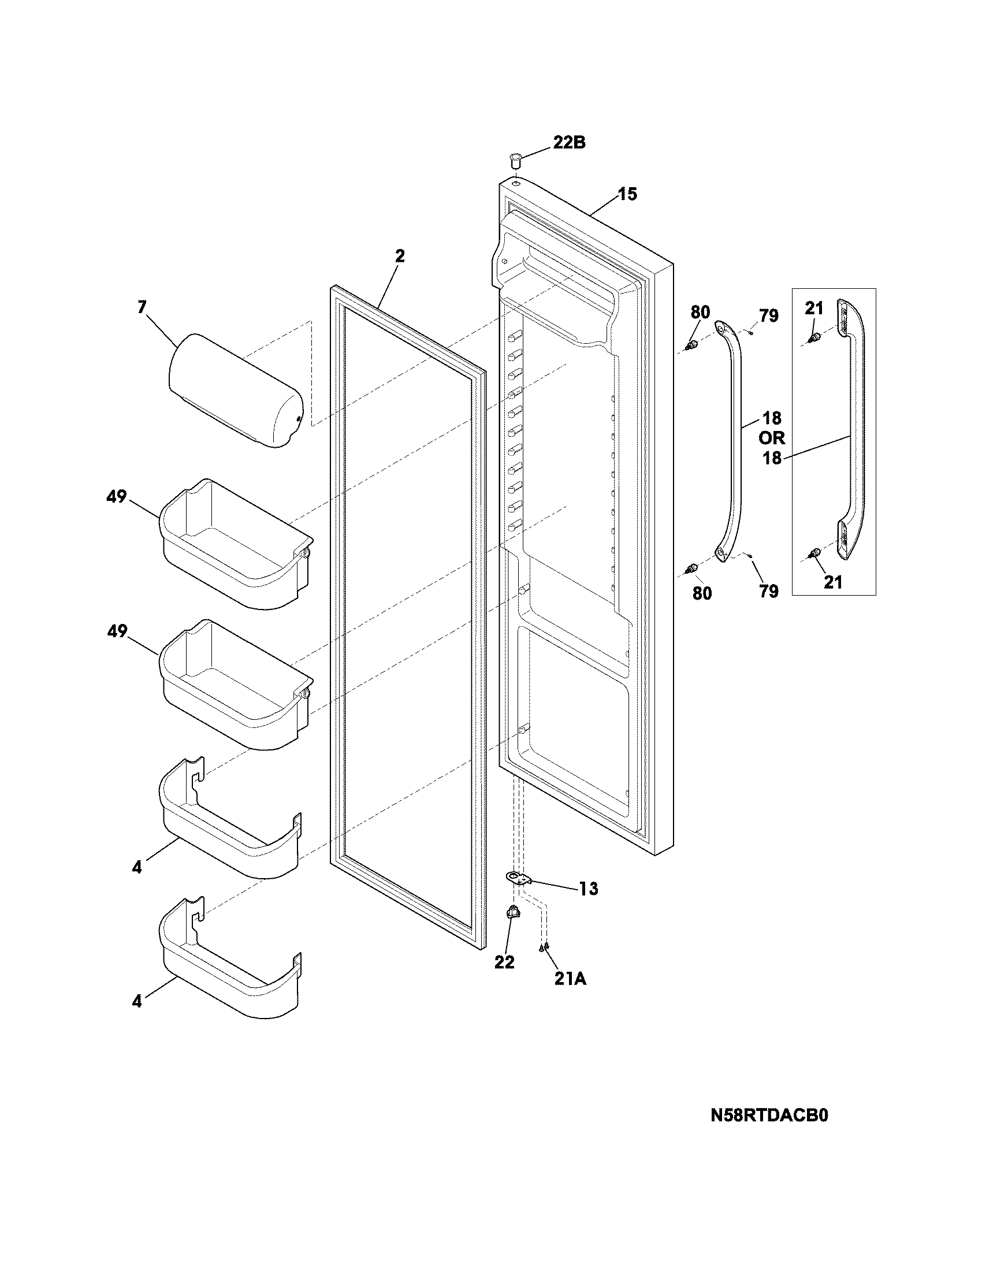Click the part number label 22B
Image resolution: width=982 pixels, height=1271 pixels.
(x=568, y=143)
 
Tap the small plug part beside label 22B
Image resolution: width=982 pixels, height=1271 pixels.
(x=515, y=158)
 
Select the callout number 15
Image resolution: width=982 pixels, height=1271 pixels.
(x=627, y=194)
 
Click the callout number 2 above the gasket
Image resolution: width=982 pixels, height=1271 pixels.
(x=400, y=255)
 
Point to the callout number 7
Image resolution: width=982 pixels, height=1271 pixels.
(x=142, y=307)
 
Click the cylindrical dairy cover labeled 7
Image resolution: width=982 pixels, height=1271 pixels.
(x=236, y=391)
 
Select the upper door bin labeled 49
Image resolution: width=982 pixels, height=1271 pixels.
(x=236, y=544)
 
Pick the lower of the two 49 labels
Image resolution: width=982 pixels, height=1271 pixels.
(x=117, y=631)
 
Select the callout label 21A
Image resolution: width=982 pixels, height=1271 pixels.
(x=570, y=979)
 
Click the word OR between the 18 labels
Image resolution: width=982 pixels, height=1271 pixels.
(x=772, y=438)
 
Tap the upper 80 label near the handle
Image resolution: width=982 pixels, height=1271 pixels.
(x=701, y=313)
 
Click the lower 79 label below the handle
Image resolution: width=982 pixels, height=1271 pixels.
(x=768, y=591)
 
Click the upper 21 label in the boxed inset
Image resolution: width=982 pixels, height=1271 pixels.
(x=814, y=309)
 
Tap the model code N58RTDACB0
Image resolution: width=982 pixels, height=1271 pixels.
(x=768, y=1116)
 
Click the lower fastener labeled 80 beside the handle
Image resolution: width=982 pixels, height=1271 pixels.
(x=691, y=568)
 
